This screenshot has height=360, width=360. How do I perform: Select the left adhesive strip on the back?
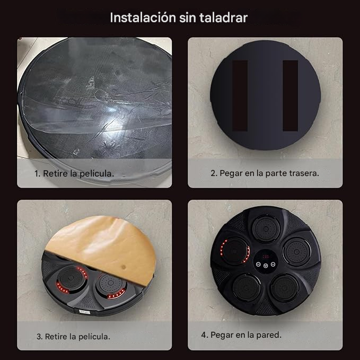click(241, 96)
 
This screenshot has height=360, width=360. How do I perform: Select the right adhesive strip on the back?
click(290, 96)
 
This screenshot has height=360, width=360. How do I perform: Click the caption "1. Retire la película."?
click(74, 173)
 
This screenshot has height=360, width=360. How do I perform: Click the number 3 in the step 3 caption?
click(38, 336)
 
